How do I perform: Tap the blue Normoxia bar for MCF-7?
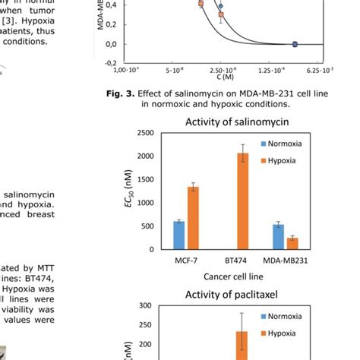point(179,235)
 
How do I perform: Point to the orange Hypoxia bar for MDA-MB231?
point(292,243)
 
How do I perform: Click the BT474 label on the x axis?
point(235,261)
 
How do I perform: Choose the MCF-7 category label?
point(185,261)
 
